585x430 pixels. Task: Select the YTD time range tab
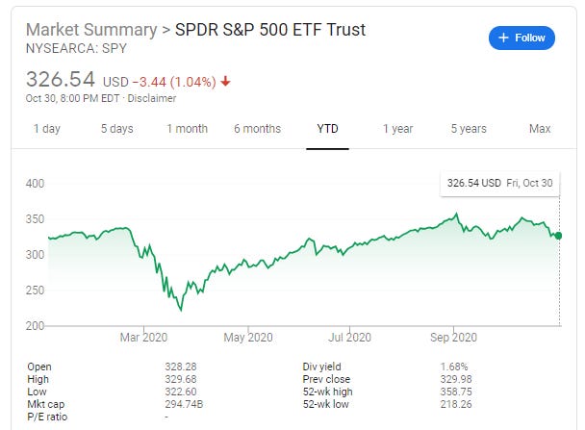pos(327,129)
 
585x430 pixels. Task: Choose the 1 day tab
pos(48,129)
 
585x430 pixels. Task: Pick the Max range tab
pos(540,129)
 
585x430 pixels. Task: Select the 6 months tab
pos(257,129)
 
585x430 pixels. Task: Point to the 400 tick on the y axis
pos(35,183)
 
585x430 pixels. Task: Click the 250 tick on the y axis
pos(35,291)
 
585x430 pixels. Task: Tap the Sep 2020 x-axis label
pos(452,337)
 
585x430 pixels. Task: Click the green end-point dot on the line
pos(559,236)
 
